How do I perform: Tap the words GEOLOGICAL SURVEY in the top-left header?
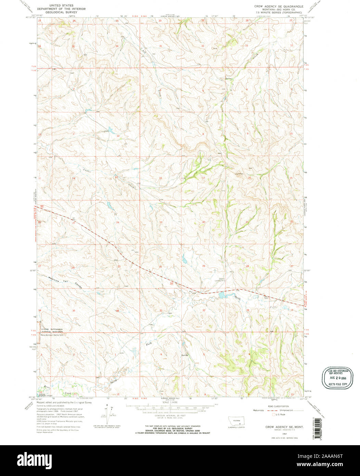(x=62, y=12)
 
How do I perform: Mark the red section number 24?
(x=117, y=222)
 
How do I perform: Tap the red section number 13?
(x=116, y=177)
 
